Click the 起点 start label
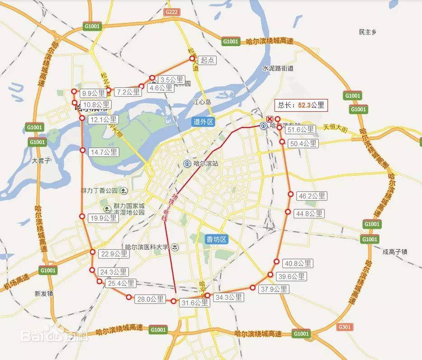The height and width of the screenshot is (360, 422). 208,60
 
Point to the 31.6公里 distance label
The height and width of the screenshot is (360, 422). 195,303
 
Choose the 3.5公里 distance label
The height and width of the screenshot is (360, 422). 171,80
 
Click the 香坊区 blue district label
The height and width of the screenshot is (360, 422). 216,239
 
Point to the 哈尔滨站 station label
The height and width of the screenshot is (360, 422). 205,163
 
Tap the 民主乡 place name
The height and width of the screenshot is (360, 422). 368,32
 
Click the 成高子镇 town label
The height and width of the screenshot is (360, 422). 394,251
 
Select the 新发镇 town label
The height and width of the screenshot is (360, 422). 44,293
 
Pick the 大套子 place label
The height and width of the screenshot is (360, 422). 42,161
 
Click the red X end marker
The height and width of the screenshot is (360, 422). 270,118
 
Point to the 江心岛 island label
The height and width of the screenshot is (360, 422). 202,102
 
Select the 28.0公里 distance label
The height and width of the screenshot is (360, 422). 151,299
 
